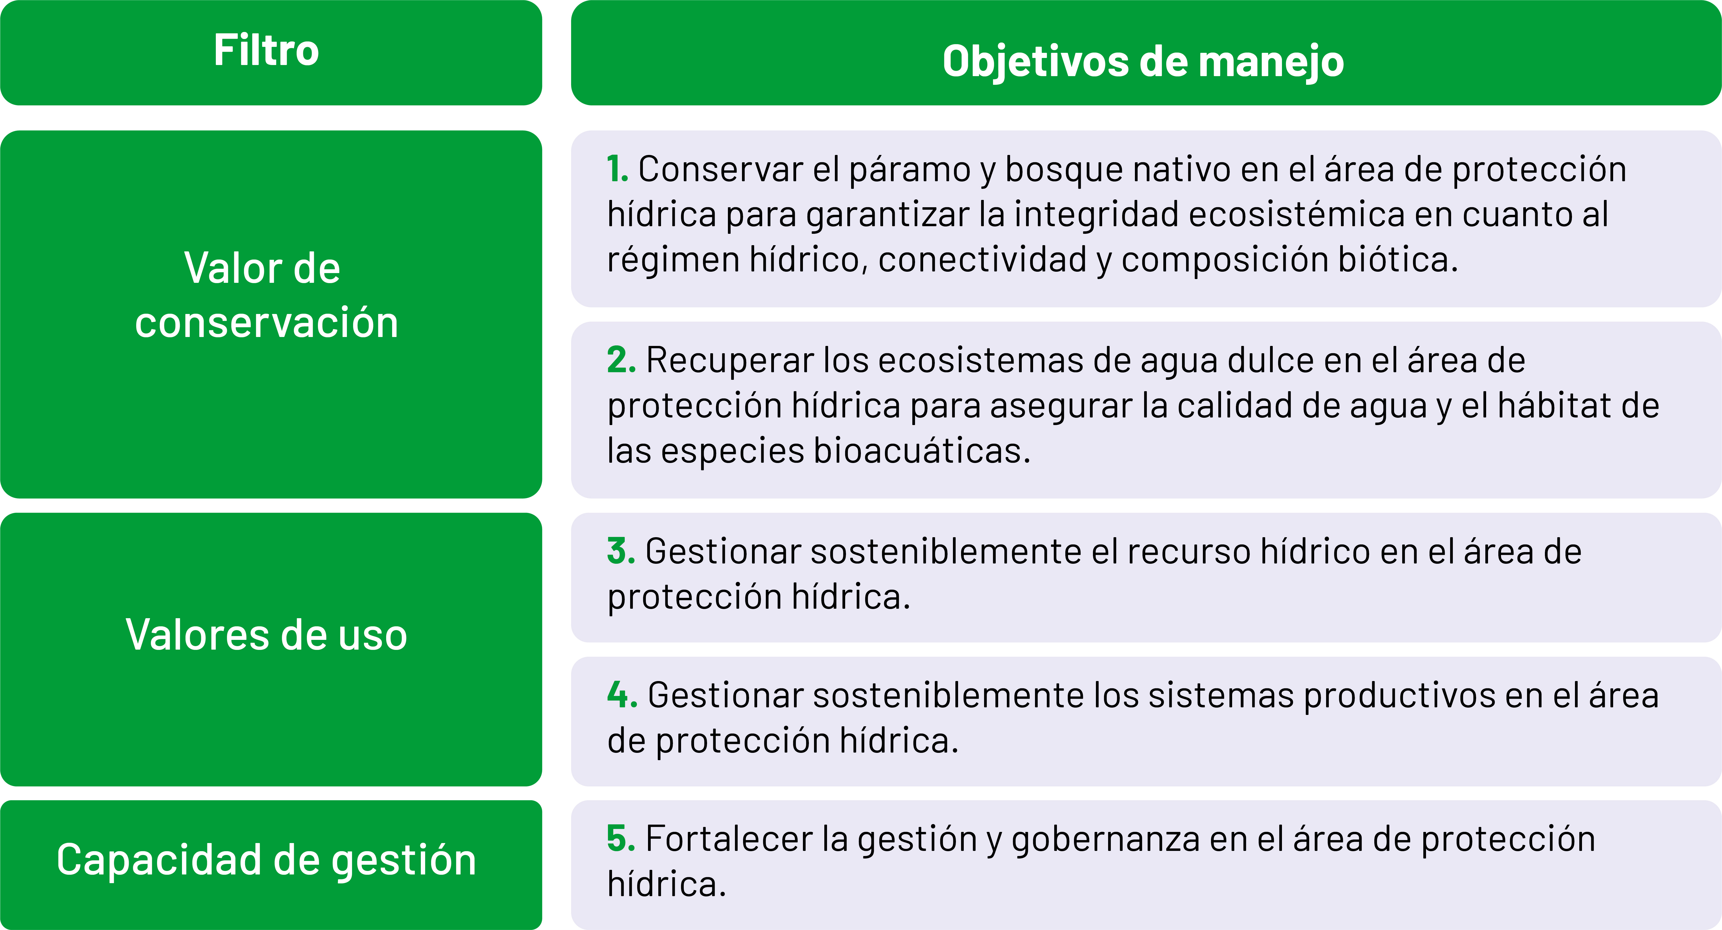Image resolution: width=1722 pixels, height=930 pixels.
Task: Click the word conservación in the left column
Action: [x=266, y=322]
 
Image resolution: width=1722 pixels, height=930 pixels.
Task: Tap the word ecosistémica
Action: [x=1297, y=214]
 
